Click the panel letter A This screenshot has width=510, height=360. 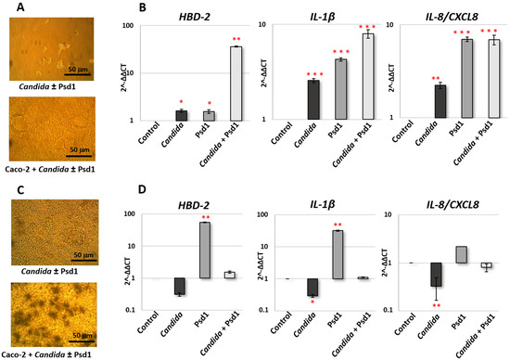pos(6,8)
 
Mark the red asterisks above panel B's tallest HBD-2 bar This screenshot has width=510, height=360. pos(236,40)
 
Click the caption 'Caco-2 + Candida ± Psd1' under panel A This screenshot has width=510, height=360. pos(58,174)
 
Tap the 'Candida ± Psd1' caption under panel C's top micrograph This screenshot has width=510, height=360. pos(58,270)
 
